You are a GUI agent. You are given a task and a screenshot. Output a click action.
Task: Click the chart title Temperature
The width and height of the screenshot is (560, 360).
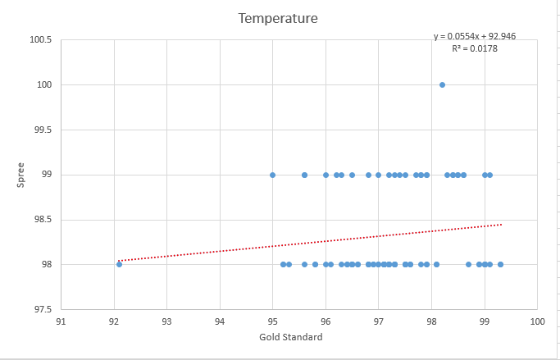(x=278, y=18)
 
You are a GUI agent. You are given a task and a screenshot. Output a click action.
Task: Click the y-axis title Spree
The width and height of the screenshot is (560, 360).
(x=22, y=175)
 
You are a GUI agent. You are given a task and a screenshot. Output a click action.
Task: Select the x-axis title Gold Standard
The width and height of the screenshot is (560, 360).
(x=290, y=337)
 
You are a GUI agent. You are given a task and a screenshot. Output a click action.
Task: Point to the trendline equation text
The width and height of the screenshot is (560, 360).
(x=475, y=36)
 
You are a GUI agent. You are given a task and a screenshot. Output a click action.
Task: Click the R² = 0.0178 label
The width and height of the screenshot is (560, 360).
(x=475, y=48)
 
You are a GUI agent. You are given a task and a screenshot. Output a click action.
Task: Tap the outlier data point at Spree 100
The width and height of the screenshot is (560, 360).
(x=442, y=84)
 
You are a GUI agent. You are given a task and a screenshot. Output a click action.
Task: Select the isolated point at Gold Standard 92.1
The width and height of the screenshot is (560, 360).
(x=119, y=264)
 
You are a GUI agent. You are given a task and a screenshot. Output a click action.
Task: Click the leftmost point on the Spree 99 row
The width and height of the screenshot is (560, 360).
(x=272, y=175)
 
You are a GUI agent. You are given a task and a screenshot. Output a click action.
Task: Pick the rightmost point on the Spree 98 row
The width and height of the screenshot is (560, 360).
(x=500, y=264)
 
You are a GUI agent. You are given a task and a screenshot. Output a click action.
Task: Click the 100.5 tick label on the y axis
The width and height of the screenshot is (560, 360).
(x=40, y=40)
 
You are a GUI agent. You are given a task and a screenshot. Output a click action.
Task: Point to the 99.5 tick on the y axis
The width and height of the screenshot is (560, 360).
(x=42, y=130)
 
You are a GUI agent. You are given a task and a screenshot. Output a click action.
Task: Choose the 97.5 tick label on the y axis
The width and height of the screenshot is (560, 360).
(x=42, y=309)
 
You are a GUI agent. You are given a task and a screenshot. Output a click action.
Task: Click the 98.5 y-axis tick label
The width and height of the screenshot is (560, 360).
(x=42, y=220)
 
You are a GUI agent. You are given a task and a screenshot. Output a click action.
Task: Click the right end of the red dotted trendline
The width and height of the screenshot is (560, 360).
(x=501, y=224)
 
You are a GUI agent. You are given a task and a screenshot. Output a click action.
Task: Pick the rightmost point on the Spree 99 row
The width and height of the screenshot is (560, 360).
(x=489, y=175)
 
